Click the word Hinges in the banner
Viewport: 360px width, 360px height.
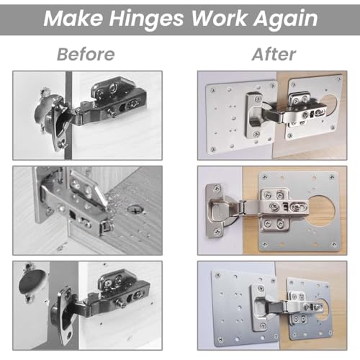tap(146, 19)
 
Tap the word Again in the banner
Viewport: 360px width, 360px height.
tap(286, 19)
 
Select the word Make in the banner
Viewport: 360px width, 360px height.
tap(73, 18)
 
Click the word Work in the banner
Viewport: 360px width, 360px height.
tap(218, 18)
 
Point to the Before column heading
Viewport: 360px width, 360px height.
tap(86, 54)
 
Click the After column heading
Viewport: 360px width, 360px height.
tap(274, 54)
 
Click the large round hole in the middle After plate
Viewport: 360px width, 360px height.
tap(321, 211)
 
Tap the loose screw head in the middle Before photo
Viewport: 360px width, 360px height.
tap(136, 210)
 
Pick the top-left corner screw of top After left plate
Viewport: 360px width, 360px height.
tap(213, 90)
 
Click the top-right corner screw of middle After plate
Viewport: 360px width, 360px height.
tap(332, 177)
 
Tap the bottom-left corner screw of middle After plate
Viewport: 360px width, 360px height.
tap(264, 245)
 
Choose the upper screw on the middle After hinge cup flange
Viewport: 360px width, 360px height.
tap(217, 189)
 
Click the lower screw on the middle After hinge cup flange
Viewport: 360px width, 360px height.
tap(217, 231)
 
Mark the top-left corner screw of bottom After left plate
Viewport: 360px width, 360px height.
tap(218, 275)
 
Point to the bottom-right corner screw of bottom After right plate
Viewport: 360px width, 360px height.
tap(330, 333)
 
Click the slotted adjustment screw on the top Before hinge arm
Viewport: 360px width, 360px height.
tap(132, 104)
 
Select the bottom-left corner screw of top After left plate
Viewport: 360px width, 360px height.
tap(212, 149)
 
